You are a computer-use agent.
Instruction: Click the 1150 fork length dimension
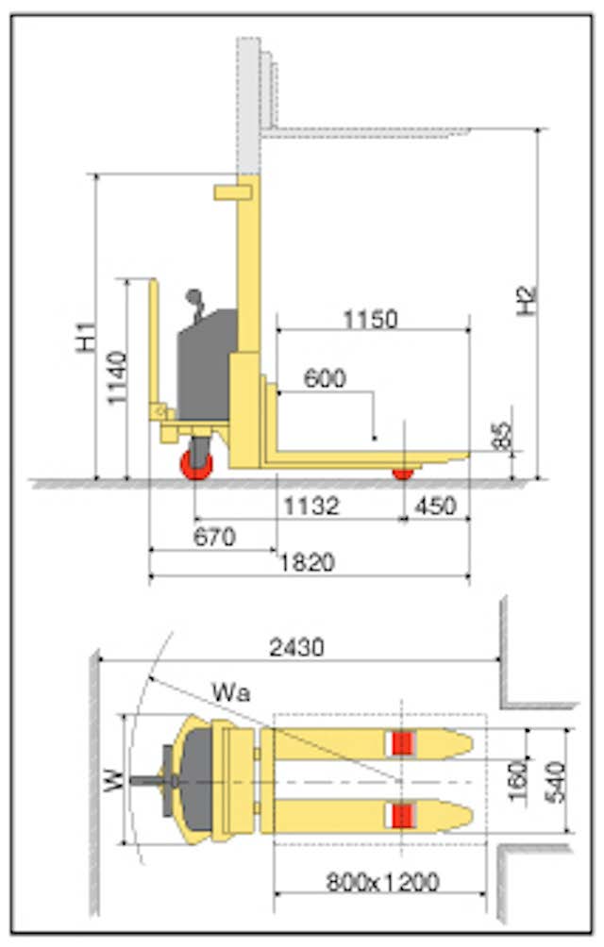coord(371,319)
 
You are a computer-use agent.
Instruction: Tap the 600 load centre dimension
coord(325,378)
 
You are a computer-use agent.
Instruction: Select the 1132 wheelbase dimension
coord(311,506)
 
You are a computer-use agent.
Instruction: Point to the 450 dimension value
coord(435,506)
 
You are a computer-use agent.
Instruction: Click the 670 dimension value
coord(214,537)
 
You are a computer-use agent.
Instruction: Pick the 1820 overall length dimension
coord(307,562)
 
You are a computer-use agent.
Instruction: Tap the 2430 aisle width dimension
coord(297,647)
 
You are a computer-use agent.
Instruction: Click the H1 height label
coord(87,337)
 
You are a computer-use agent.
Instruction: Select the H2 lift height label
coord(527,300)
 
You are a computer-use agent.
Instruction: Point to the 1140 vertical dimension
coord(118,378)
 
